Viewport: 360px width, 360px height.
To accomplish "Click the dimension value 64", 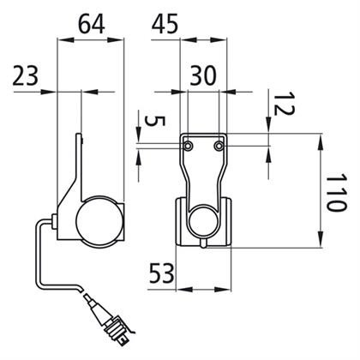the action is pos(92,24).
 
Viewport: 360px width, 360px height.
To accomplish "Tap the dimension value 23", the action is pos(25,76).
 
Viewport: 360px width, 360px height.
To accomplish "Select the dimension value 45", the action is pos(165,24).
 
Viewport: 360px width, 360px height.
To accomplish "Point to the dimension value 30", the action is pos(203,75).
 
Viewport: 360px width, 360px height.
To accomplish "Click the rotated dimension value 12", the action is pos(284,103).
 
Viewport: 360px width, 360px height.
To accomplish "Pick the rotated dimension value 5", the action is pos(155,121).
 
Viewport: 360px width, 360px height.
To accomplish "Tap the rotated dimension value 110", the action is pos(337,192).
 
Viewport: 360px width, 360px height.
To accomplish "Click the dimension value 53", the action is pos(162,273).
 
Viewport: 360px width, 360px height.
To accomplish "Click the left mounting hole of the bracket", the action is pos(188,146).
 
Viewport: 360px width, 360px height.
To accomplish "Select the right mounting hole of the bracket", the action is pos(219,146).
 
